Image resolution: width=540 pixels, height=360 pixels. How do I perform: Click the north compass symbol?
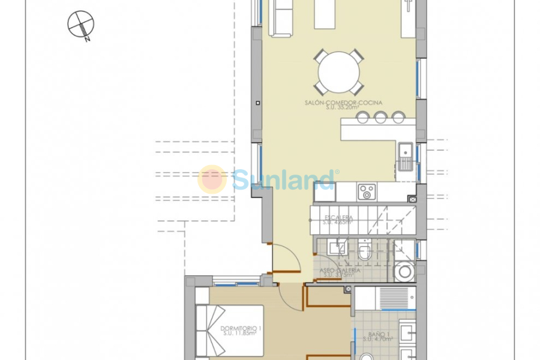click(x=81, y=26)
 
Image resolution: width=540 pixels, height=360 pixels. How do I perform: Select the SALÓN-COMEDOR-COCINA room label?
click(x=343, y=103)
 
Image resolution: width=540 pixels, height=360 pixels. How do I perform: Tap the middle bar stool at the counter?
click(x=380, y=118)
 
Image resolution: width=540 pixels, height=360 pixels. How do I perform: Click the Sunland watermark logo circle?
click(x=212, y=179)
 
